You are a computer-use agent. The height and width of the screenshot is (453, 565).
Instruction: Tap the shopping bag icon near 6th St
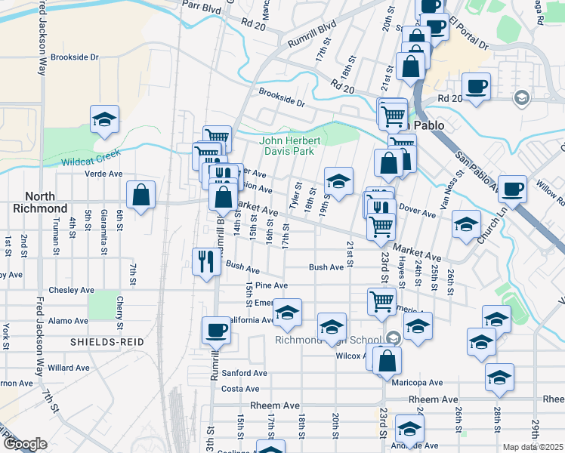pos(140,196)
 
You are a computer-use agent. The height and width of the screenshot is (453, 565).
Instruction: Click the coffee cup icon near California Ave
pos(216,330)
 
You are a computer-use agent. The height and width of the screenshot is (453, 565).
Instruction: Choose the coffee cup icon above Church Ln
pos(512,189)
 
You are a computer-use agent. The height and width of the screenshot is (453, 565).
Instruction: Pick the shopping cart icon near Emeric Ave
pos(382,301)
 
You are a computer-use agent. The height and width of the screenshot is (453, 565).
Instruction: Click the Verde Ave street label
pos(105,174)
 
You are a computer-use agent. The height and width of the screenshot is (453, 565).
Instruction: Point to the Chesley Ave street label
pos(71,290)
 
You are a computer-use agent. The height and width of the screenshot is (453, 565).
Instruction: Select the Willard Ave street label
pos(69,368)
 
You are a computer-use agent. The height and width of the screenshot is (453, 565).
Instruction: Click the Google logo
pos(25,444)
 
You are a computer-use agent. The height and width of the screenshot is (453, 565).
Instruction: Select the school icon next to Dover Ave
pos(466,224)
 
